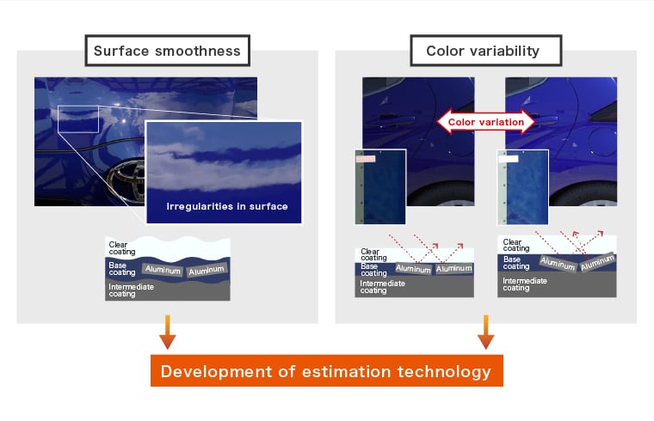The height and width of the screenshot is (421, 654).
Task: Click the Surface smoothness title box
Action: (x=167, y=51)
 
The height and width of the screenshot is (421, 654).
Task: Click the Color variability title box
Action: (x=486, y=51)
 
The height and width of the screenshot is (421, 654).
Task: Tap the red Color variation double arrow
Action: (x=486, y=122)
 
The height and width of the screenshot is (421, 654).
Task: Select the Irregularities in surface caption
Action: (x=227, y=206)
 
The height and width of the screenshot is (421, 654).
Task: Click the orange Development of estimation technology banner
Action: (x=327, y=370)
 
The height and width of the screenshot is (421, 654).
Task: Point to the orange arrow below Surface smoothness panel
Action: (x=167, y=332)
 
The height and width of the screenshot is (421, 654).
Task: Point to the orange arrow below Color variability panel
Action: (x=486, y=332)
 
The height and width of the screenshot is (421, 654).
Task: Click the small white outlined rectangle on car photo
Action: (x=78, y=119)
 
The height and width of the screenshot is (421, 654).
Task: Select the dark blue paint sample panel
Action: (x=380, y=187)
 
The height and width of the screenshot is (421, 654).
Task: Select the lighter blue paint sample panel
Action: (x=523, y=187)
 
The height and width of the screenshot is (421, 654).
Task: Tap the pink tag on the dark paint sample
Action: (x=366, y=159)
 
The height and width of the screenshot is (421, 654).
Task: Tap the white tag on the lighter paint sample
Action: (x=509, y=159)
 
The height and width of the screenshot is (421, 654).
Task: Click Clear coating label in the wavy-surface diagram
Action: (x=122, y=248)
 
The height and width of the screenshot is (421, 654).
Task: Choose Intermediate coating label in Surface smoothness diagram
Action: (x=131, y=290)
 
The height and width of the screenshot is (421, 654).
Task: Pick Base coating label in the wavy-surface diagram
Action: (x=122, y=269)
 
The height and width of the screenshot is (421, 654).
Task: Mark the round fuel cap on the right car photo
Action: (x=601, y=142)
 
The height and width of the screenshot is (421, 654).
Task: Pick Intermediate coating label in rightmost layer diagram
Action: (x=525, y=284)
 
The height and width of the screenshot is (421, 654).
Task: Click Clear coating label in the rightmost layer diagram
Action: (x=516, y=245)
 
